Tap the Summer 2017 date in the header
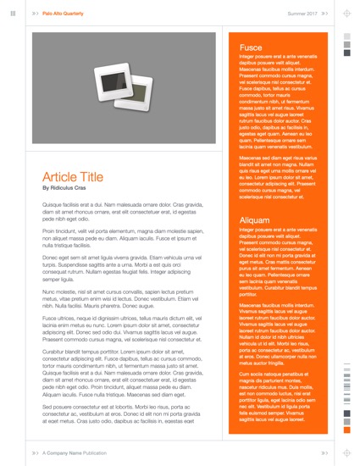302,14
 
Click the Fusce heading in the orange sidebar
251,47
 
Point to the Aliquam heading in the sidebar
255,219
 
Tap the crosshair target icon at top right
346,14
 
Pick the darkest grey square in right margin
346,53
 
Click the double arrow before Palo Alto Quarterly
35,14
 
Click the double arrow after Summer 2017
324,14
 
